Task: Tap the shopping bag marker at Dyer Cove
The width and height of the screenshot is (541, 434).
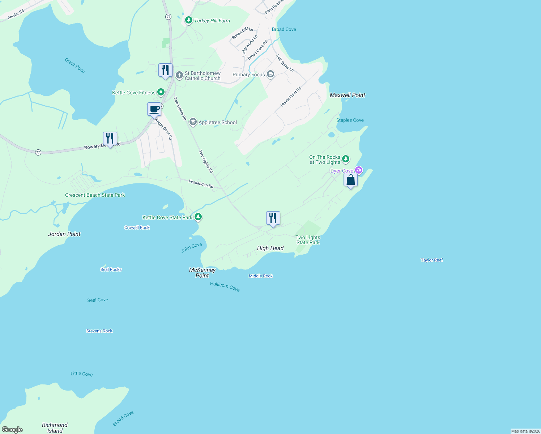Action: [350, 180]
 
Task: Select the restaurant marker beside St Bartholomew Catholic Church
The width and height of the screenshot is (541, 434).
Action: [165, 70]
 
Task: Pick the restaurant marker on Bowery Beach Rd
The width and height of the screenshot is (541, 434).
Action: [110, 139]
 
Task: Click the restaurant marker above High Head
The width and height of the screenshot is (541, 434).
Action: [273, 218]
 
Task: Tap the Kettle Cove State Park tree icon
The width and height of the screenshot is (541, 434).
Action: [198, 217]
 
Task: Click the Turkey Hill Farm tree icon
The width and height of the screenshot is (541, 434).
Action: [188, 20]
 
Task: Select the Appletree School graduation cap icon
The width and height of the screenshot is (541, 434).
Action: [193, 122]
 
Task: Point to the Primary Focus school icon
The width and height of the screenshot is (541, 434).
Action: [270, 75]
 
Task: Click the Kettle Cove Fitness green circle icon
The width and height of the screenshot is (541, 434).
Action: [161, 92]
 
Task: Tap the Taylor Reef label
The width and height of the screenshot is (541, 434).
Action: [432, 260]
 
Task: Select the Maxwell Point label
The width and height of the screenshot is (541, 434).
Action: [348, 95]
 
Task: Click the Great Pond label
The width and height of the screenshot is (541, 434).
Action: [75, 66]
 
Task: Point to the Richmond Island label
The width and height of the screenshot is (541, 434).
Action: [55, 427]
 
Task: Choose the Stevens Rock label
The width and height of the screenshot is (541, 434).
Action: [99, 331]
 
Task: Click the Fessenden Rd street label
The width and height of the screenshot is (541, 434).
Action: [201, 184]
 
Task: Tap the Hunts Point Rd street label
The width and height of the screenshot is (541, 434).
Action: [291, 97]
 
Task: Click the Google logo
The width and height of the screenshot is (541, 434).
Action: [12, 430]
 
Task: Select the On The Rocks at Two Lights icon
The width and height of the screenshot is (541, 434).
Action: [346, 159]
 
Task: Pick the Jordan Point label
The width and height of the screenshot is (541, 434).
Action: [64, 234]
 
